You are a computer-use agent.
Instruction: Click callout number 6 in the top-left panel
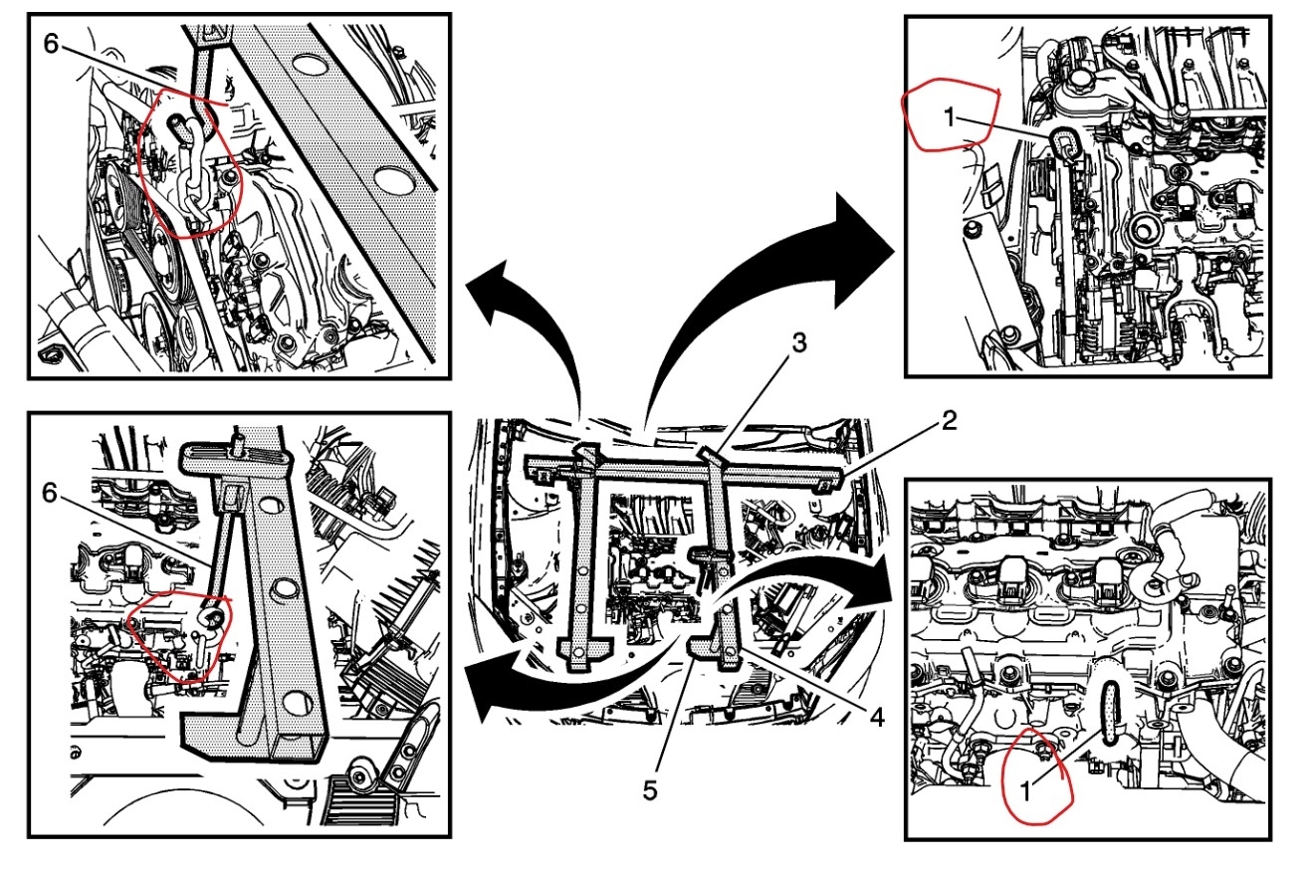coord(52,43)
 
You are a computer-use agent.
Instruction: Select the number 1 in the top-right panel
coord(949,117)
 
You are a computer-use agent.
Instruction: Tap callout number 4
coord(875,715)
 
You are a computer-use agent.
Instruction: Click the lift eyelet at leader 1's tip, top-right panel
coord(1063,143)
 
